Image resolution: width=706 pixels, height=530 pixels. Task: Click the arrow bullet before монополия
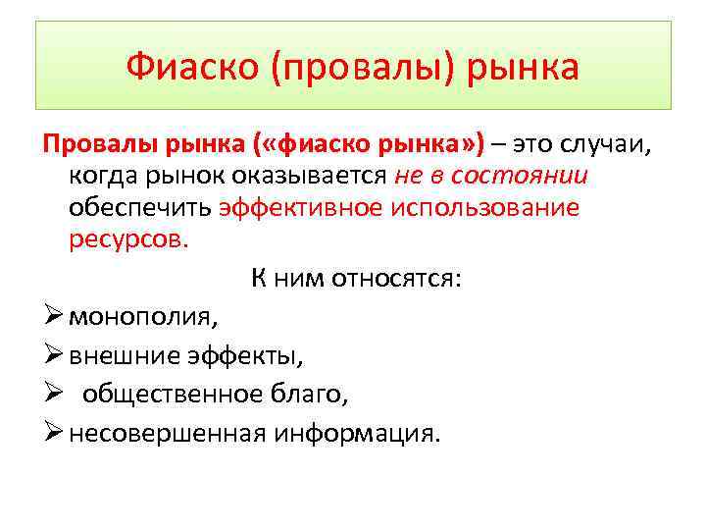[53, 317]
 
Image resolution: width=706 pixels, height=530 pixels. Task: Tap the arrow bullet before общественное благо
[53, 395]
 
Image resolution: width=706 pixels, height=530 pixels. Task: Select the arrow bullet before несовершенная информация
[53, 433]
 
